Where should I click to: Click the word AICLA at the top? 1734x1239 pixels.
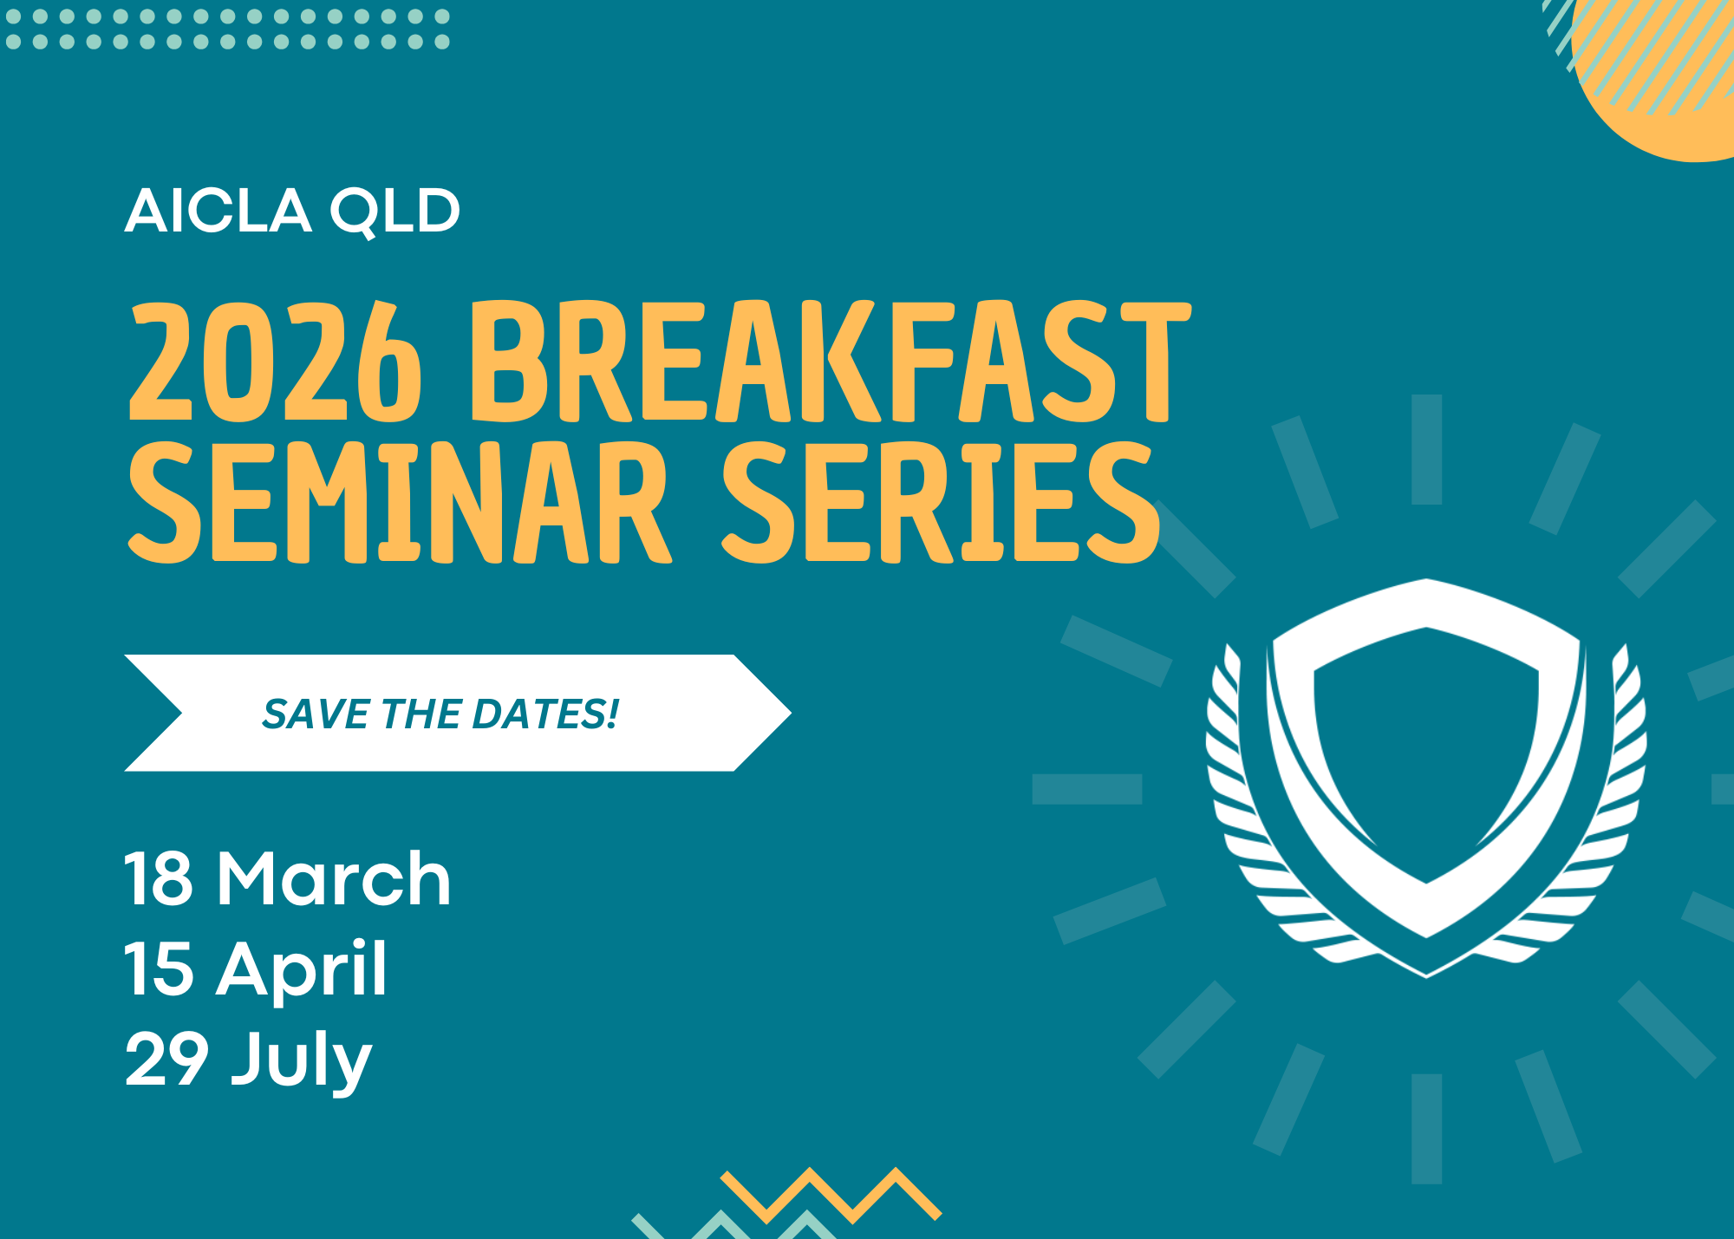[x=218, y=211]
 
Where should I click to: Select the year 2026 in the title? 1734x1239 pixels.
[x=276, y=362]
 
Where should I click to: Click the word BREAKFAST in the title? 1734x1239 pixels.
[x=831, y=362]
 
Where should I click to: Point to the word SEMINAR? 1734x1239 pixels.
[x=400, y=503]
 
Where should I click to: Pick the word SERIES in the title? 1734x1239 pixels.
[x=942, y=503]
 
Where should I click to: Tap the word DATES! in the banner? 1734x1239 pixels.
[x=546, y=714]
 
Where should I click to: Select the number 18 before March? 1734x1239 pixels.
[x=159, y=878]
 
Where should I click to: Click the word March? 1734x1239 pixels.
[x=335, y=878]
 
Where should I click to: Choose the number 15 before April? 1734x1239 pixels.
[x=160, y=968]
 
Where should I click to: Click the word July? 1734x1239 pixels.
[x=302, y=1062]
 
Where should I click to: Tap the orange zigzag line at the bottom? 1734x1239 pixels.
[x=831, y=1195]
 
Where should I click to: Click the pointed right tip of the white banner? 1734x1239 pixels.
[x=791, y=713]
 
